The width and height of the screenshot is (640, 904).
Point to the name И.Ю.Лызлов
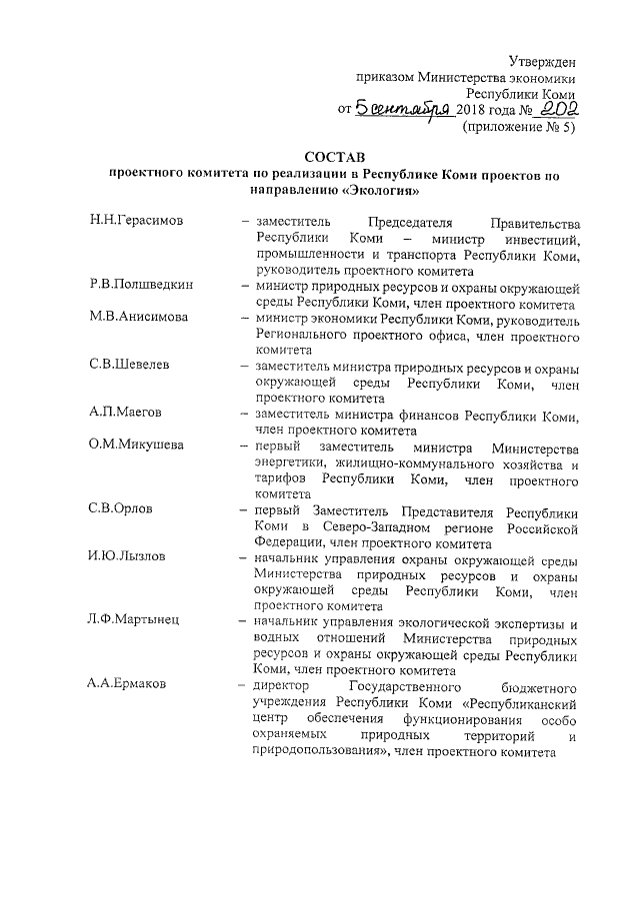click(126, 558)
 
